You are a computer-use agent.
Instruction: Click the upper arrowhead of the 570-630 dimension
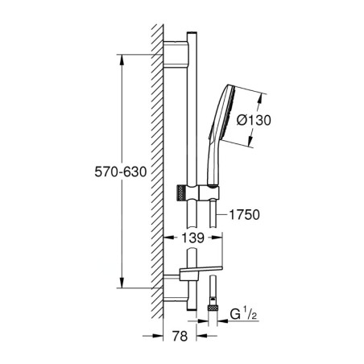(x=121, y=58)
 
